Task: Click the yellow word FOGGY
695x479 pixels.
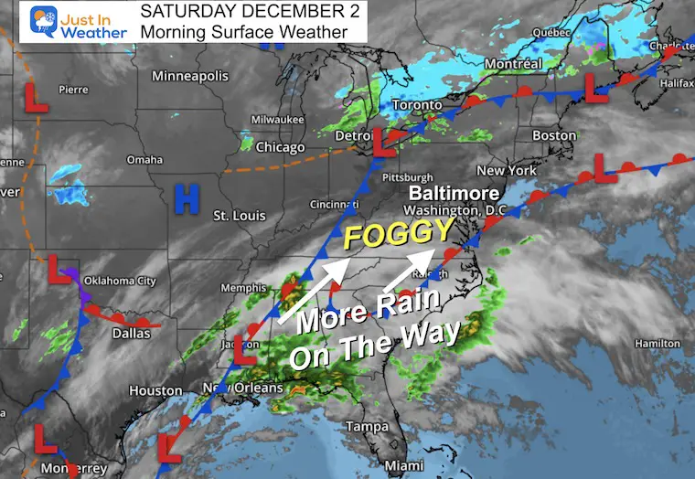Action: point(387,238)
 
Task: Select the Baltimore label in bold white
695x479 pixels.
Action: point(454,194)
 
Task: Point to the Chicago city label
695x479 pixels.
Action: point(281,147)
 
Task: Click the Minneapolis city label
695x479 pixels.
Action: point(190,76)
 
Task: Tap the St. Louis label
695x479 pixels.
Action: point(239,216)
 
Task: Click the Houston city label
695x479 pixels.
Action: point(155,390)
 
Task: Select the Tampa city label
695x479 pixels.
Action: point(367,427)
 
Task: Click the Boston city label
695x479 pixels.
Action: point(554,135)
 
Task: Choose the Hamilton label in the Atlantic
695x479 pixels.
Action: point(650,342)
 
